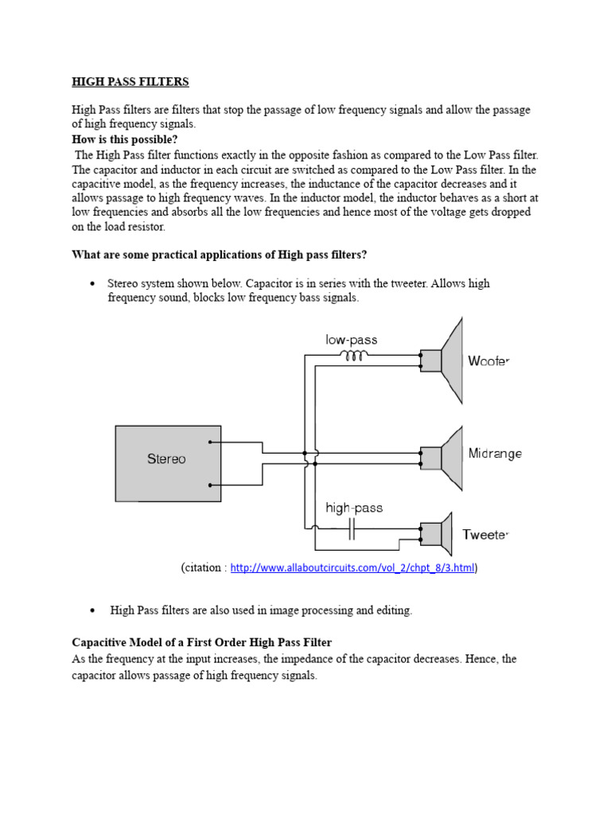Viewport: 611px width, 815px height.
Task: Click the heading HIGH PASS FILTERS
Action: point(130,82)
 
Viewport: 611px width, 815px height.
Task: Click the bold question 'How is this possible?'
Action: point(125,139)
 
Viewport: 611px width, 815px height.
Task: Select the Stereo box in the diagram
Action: point(167,458)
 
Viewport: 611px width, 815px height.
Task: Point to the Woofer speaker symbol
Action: point(444,360)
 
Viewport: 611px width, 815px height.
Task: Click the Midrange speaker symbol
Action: point(444,457)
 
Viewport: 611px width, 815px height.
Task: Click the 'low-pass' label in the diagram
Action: point(351,340)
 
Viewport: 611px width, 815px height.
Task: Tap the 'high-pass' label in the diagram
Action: point(353,508)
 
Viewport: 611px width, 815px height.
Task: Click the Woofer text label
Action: point(488,361)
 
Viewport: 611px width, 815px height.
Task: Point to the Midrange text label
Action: point(495,454)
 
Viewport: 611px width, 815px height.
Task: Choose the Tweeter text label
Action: point(485,535)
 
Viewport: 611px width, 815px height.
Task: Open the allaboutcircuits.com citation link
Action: point(352,567)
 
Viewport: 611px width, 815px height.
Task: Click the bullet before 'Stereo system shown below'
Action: point(93,284)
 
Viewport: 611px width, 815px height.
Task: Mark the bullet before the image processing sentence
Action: point(93,610)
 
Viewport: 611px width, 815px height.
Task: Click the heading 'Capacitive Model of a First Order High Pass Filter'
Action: point(201,642)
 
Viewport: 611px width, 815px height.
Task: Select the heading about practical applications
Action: point(220,255)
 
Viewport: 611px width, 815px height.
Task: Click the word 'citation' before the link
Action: point(204,567)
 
